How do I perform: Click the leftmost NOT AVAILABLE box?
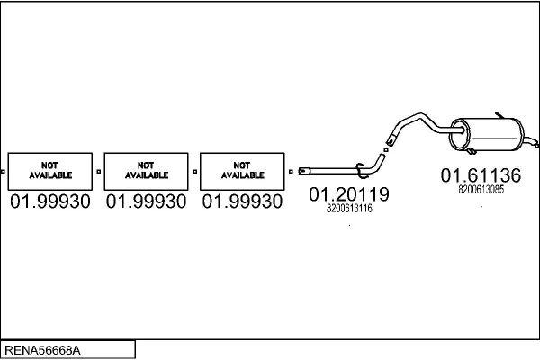click(50, 171)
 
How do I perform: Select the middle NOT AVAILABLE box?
click(147, 171)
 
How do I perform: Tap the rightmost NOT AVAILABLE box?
click(242, 171)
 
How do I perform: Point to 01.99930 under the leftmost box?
click(50, 202)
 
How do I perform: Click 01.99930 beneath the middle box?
click(147, 202)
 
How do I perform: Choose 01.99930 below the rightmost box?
click(242, 202)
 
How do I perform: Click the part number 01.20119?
click(349, 194)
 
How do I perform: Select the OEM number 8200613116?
click(349, 209)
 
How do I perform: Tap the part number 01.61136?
click(481, 175)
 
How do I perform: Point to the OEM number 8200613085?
click(481, 190)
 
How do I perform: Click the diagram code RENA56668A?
click(42, 350)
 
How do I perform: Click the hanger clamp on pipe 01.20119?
click(361, 170)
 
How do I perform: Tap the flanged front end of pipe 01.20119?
click(304, 171)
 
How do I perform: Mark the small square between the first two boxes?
click(99, 172)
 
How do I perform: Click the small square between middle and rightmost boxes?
click(195, 172)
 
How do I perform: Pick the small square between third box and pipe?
click(291, 172)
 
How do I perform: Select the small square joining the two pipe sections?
click(386, 150)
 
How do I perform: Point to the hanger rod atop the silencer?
click(499, 115)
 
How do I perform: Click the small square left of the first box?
click(3, 172)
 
